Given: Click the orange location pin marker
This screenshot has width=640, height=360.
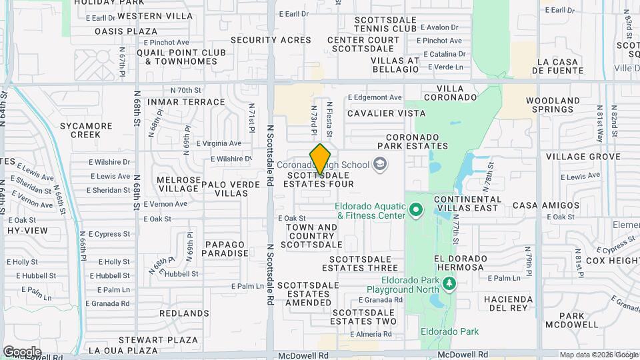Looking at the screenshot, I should (x=321, y=159).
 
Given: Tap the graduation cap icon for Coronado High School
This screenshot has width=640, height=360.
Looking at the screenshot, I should (x=379, y=164).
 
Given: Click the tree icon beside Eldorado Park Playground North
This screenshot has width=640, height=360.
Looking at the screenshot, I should (x=450, y=285).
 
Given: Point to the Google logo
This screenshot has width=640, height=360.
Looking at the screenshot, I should (x=21, y=352).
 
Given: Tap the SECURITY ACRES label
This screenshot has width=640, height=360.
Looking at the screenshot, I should (x=271, y=40).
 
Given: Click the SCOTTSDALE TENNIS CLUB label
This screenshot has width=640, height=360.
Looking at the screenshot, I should (x=386, y=25).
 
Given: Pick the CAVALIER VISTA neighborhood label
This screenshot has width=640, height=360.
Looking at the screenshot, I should (x=386, y=113).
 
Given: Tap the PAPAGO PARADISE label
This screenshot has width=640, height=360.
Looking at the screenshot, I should (x=226, y=249).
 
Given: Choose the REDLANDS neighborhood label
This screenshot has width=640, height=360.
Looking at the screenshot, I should (x=184, y=313).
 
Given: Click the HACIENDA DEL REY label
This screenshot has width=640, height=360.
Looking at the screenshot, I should (x=509, y=303).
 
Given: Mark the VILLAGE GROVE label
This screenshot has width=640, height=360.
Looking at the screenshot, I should (x=574, y=157).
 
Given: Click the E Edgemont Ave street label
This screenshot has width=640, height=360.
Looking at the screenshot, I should (x=375, y=97).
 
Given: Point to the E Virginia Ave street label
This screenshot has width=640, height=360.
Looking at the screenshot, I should (x=219, y=143).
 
